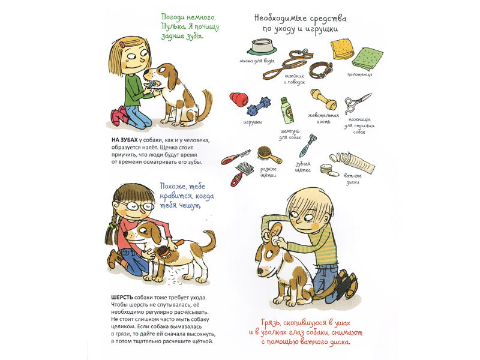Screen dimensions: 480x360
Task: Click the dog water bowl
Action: point(262,47)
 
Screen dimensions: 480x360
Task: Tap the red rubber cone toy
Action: point(239,99)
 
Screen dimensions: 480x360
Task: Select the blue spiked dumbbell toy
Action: point(259,107)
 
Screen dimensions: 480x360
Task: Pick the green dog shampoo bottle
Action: point(287,110)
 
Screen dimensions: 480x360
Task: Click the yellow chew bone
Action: point(323,99)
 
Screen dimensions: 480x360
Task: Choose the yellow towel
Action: point(342,49)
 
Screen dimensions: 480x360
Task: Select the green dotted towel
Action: point(368,59)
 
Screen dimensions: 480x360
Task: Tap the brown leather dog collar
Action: point(320,70)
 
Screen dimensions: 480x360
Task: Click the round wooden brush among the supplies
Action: point(268,155)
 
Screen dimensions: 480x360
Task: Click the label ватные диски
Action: point(353,179)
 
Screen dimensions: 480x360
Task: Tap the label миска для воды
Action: point(257,61)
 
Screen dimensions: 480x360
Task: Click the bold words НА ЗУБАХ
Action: point(125,140)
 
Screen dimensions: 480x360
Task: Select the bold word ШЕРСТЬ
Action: point(122,297)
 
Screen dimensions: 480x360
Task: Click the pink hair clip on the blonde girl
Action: point(122,44)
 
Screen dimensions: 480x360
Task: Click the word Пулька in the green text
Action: point(173,26)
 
